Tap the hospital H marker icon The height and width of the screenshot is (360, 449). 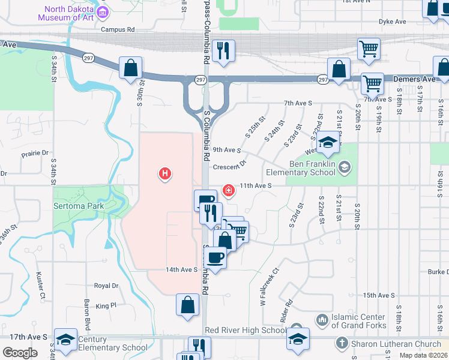[165, 175]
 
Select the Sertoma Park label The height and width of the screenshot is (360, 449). [79, 206]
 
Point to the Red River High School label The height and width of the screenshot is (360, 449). [246, 330]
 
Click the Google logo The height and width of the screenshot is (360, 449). [20, 353]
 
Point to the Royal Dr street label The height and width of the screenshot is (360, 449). [106, 286]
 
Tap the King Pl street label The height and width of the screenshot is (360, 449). [105, 305]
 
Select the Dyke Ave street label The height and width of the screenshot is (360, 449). [392, 22]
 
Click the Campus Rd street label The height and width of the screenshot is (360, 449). [118, 29]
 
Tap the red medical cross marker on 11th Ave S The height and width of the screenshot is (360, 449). [228, 191]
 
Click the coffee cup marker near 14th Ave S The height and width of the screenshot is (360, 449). [215, 259]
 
